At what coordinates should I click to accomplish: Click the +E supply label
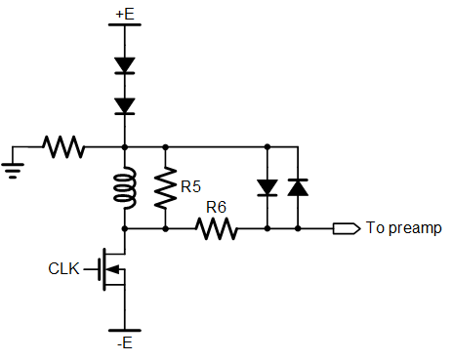pos(125,14)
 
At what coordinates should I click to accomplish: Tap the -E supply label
pos(125,343)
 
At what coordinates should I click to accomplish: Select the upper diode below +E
pos(125,65)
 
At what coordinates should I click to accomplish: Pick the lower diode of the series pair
pos(125,106)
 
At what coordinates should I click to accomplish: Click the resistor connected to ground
pos(63,147)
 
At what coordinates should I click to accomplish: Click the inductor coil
pos(125,188)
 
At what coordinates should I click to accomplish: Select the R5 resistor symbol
pos(165,187)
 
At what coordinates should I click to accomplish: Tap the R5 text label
pos(191,186)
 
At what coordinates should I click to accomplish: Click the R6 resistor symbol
pos(217,229)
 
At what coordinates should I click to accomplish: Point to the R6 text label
pos(216,207)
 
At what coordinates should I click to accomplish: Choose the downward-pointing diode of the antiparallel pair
pos(267,187)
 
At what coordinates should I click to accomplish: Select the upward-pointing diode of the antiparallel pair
pos(298,187)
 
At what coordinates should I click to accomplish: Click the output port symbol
pos(347,228)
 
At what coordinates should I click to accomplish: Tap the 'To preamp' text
pos(404,228)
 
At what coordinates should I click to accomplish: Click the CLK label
pos(63,269)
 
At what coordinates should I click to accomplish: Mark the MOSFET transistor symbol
pos(111,269)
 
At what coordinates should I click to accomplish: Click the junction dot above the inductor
pos(125,147)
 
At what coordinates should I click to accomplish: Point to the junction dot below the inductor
pos(125,229)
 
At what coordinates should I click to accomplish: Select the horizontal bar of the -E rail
pos(125,331)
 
